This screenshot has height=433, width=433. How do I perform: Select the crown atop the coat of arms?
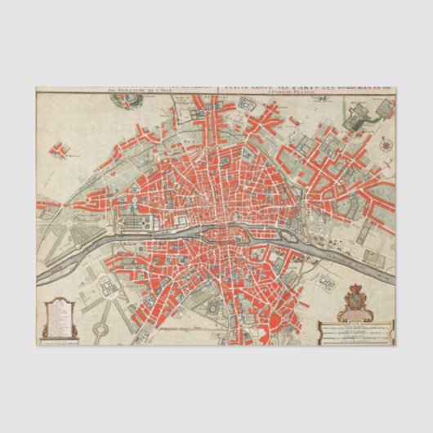point(355,288)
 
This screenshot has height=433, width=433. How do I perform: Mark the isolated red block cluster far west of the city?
point(59,150)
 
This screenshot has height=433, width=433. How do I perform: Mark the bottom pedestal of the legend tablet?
point(60,334)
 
